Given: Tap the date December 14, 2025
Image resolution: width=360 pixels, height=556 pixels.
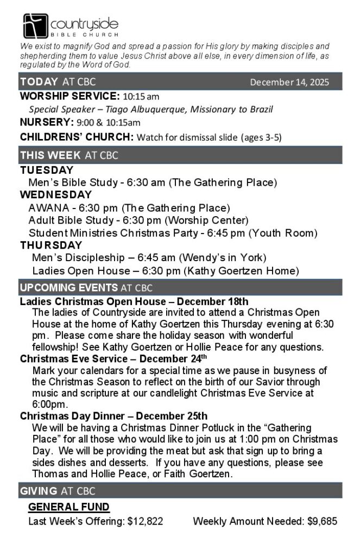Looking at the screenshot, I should tap(289, 83).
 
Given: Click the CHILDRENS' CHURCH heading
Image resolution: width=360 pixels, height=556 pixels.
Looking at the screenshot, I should tap(76, 136).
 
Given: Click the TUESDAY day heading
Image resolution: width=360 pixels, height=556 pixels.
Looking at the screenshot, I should tap(47, 170).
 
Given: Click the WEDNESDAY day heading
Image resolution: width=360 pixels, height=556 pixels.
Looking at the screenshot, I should tap(56, 195).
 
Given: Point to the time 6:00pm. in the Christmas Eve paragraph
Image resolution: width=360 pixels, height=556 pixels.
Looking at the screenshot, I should tap(50, 405).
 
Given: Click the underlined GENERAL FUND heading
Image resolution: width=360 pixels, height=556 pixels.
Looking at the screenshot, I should tap(69, 507).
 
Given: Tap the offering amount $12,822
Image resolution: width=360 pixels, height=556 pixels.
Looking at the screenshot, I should tap(145, 521).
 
